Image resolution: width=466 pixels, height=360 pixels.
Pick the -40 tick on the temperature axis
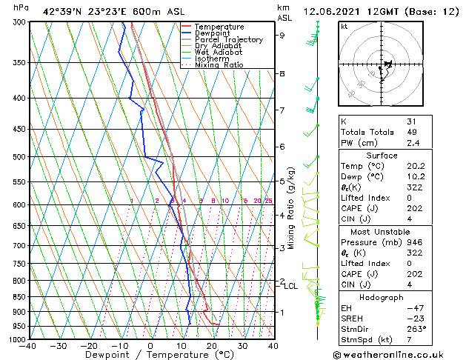pyautogui.click(x=28, y=346)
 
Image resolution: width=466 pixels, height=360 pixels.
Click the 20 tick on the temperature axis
pyautogui.click(x=212, y=346)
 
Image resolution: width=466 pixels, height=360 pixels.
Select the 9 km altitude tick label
pyautogui.click(x=282, y=35)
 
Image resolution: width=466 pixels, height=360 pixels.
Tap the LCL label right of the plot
pyautogui.click(x=291, y=286)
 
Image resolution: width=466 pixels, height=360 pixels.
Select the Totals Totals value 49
pyautogui.click(x=412, y=132)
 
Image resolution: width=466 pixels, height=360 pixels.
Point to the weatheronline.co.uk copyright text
pyautogui.click(x=398, y=354)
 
